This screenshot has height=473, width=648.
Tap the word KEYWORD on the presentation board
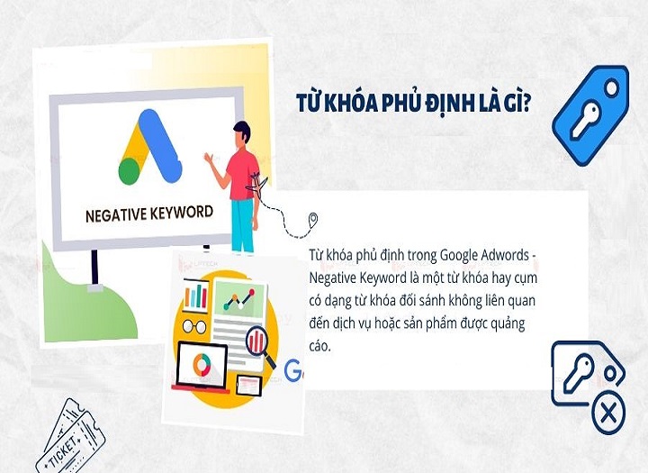(x=181, y=213)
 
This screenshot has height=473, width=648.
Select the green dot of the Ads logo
(x=130, y=169)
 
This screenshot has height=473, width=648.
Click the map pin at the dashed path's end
(x=313, y=219)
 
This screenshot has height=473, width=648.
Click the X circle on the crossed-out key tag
(x=608, y=414)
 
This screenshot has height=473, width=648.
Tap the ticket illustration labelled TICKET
(x=70, y=436)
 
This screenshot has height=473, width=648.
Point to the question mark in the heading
(x=524, y=105)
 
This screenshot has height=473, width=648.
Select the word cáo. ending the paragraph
(x=320, y=346)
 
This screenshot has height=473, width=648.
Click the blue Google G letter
(x=292, y=370)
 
